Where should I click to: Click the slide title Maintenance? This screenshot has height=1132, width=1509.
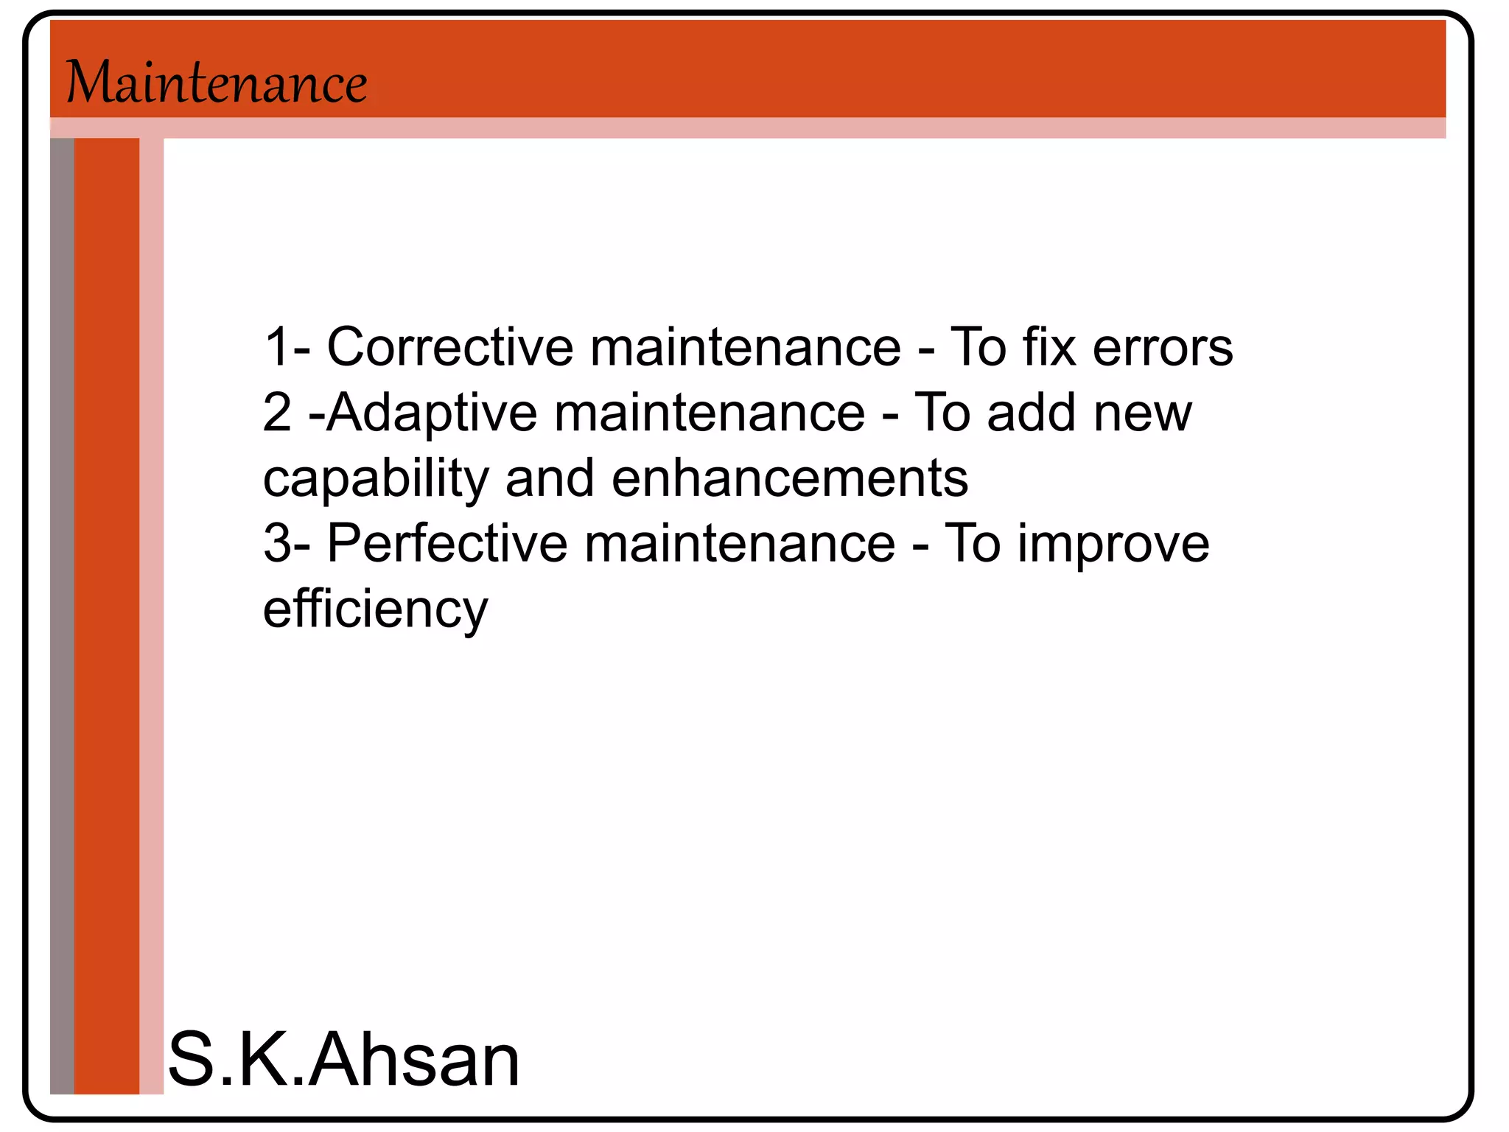217,83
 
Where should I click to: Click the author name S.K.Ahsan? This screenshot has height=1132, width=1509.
343,1059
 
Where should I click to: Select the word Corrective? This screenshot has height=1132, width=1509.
449,346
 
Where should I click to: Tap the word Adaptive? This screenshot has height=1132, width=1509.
432,413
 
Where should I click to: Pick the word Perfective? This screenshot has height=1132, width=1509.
447,543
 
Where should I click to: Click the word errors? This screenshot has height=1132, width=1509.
1162,346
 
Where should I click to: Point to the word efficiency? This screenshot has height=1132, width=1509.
375,609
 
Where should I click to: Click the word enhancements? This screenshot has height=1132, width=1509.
789,478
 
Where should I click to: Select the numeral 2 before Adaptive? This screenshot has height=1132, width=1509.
277,413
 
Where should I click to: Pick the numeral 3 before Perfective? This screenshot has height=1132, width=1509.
277,543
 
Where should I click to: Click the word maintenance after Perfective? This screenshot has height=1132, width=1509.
740,543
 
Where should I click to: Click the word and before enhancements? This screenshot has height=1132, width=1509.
549,478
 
